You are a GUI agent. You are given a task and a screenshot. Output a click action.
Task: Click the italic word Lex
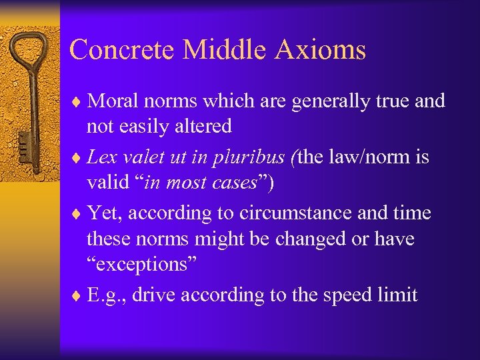[x=101, y=157]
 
